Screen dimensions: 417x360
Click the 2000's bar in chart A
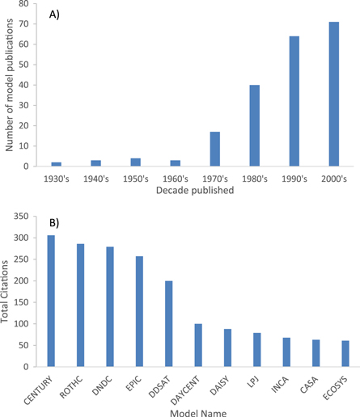(x=333, y=94)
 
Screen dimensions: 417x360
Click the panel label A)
(x=54, y=14)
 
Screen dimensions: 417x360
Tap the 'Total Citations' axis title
(x=8, y=290)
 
